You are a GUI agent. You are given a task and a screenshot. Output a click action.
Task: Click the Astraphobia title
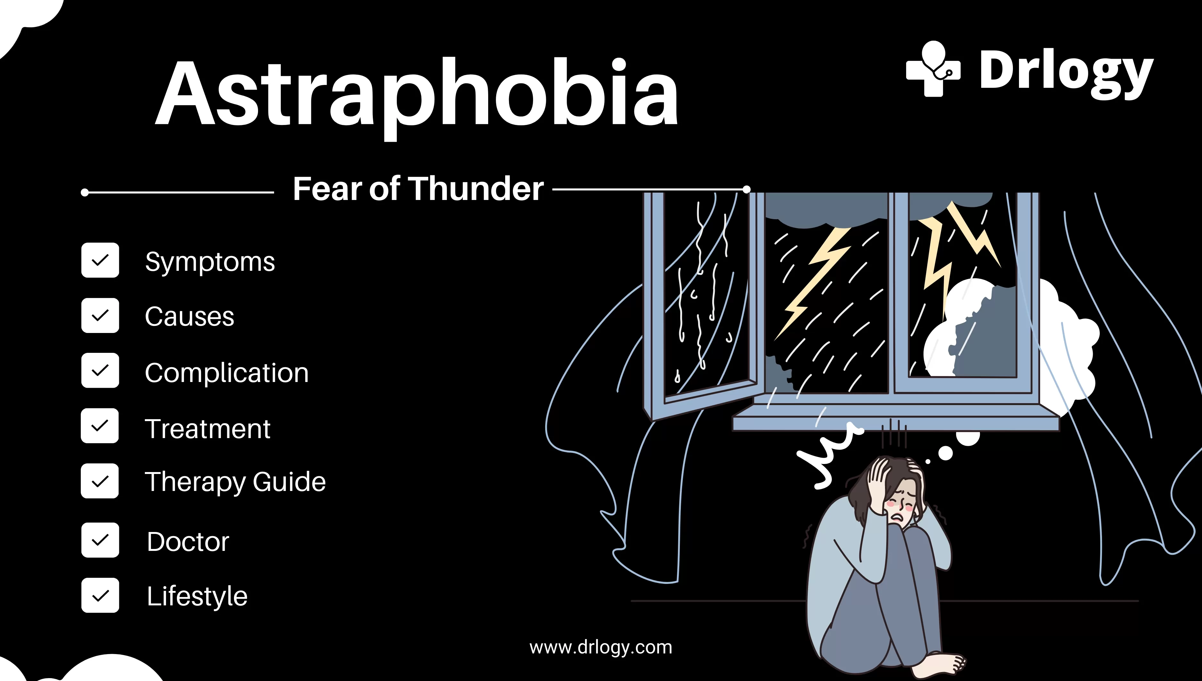[416, 94]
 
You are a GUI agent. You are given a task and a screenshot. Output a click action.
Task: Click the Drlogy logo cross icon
[933, 69]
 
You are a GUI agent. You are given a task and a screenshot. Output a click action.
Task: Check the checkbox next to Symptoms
[100, 260]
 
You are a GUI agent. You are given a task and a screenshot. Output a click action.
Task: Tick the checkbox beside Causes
[100, 315]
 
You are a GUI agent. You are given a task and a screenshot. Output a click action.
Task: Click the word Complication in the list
[227, 373]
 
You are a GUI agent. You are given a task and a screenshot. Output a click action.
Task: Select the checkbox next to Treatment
[100, 426]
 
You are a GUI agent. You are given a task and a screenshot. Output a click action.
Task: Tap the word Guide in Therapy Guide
[289, 482]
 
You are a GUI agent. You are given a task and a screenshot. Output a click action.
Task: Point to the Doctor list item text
[188, 542]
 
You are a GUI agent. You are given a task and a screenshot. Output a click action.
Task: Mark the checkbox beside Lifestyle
[100, 595]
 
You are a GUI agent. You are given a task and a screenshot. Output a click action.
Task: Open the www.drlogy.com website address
[601, 647]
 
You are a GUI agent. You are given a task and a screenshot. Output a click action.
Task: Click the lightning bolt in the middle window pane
[816, 281]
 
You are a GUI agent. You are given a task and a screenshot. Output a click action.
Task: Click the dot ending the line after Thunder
[747, 189]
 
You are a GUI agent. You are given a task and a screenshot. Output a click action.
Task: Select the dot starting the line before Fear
[85, 192]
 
